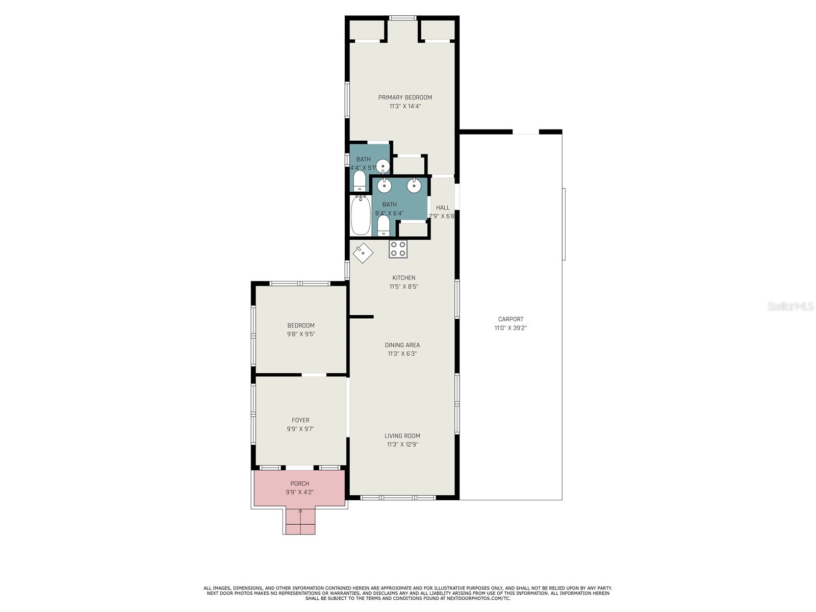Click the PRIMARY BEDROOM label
(405, 97)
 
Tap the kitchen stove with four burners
(398, 249)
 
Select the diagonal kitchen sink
(363, 252)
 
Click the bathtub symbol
(361, 216)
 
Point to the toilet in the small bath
(360, 181)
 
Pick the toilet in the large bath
(384, 225)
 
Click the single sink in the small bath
(383, 166)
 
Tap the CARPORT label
(511, 319)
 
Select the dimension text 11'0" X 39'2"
(511, 328)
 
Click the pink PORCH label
(300, 483)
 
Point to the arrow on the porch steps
(300, 512)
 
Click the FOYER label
(300, 420)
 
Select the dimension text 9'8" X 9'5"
(301, 334)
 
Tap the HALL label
(443, 208)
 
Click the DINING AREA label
(402, 345)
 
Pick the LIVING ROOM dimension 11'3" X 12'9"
(402, 444)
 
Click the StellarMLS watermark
(790, 307)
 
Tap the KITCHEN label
(403, 278)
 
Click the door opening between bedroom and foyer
(314, 375)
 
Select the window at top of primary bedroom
(403, 18)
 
